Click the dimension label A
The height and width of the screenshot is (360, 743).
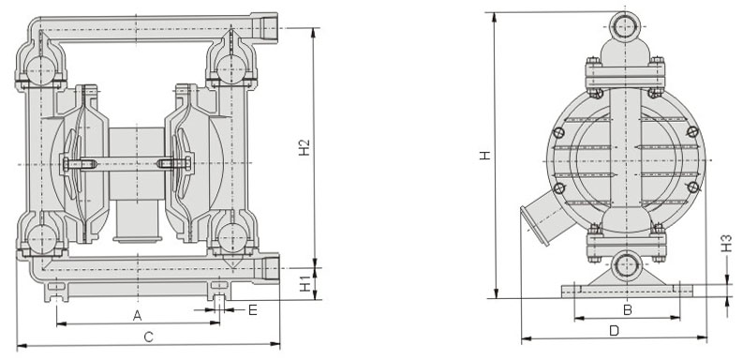pos(137,315)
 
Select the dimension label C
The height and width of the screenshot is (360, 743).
pos(148,337)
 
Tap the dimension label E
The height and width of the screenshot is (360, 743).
pos(253,310)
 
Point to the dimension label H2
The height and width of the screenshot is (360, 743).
pos(305,147)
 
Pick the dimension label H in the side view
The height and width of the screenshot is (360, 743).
pos(484,155)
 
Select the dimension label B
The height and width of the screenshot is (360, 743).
pos(628,310)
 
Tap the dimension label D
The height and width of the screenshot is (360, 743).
pos(614,331)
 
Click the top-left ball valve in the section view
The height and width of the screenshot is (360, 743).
pos(40,70)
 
